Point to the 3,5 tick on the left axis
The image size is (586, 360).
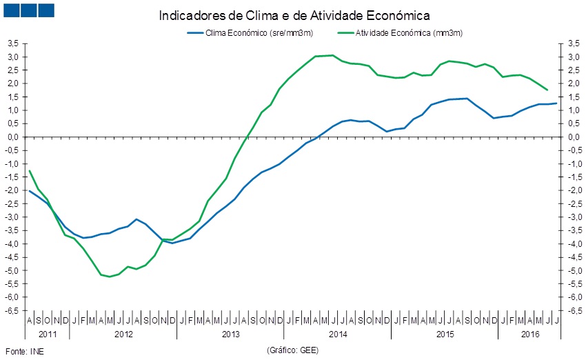(13, 43)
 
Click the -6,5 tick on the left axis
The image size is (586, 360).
(12, 310)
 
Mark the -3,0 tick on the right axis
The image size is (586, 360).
(573, 217)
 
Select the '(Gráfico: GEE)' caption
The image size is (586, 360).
(292, 350)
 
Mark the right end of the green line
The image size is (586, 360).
(547, 90)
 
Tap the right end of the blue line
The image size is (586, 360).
(556, 103)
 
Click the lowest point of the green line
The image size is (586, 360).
(109, 277)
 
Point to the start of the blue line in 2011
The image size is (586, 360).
(29, 190)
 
